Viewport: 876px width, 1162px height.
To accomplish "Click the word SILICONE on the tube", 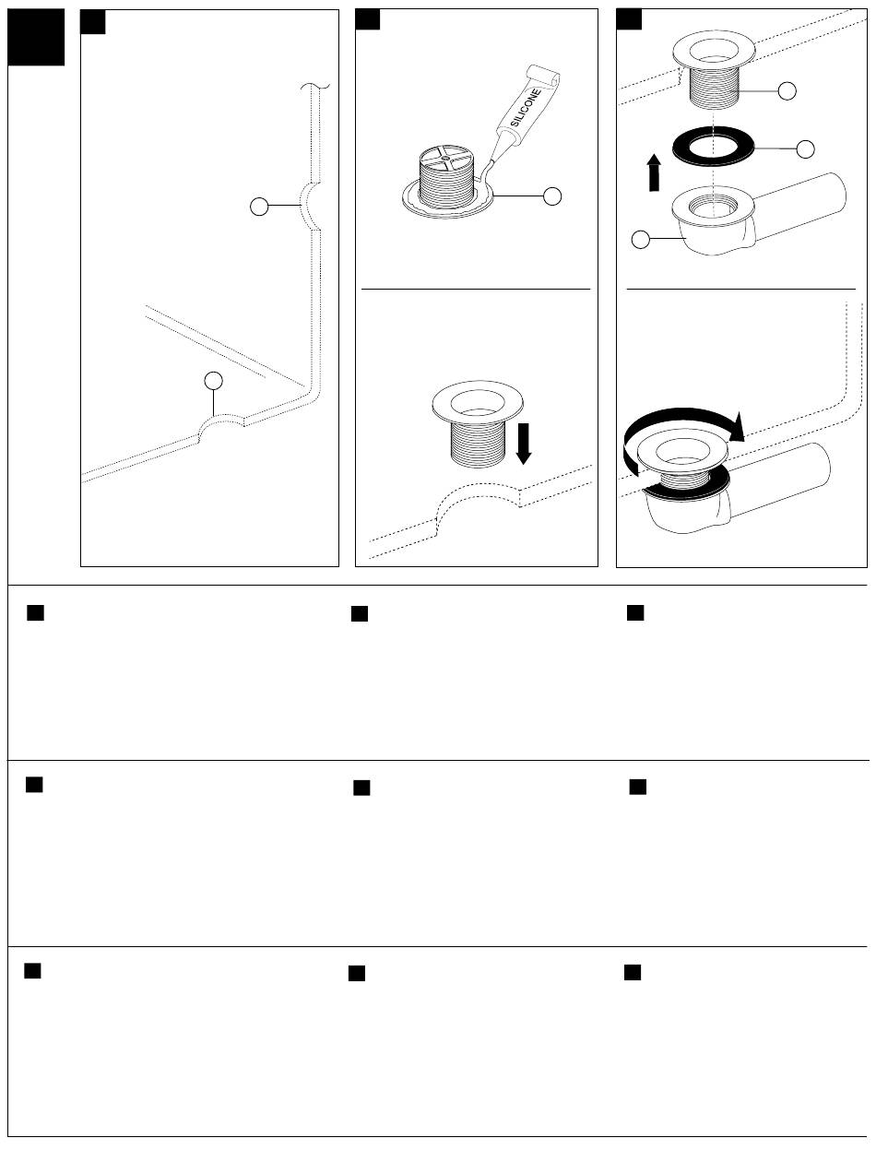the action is tap(526, 107).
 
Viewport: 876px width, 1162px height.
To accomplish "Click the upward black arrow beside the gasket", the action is tap(654, 172).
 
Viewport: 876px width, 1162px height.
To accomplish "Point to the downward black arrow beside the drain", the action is tap(524, 443).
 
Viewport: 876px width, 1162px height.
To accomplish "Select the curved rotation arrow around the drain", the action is tap(682, 412).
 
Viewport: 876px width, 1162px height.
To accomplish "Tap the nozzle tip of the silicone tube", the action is tap(491, 162).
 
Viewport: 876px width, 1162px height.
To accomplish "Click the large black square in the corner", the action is tap(36, 37).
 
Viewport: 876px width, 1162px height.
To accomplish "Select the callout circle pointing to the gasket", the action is tap(805, 149).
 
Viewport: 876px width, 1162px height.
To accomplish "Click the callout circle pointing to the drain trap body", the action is tap(641, 239).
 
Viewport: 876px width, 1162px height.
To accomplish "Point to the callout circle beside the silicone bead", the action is tap(552, 196).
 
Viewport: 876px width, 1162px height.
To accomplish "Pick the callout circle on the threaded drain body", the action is tap(787, 91).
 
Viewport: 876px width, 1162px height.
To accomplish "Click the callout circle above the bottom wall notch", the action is tap(213, 380).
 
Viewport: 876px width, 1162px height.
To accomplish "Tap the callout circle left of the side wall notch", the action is tap(259, 207).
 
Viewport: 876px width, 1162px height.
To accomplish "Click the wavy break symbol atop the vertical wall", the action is tap(315, 86).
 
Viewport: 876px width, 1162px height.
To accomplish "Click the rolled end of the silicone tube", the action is tap(545, 76).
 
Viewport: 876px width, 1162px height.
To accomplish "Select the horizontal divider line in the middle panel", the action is tap(475, 289).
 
